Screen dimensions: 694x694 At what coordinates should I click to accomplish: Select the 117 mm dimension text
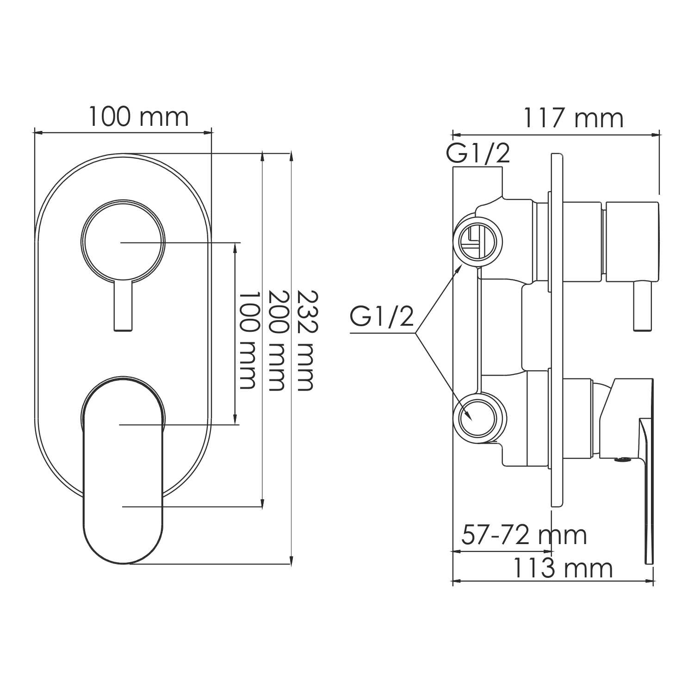573,118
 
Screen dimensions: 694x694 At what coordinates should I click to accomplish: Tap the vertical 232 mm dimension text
305,341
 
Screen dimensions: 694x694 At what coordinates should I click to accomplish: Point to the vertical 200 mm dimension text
276,341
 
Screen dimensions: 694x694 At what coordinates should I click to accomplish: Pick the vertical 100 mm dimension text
247,341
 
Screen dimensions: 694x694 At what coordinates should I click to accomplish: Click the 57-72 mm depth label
524,535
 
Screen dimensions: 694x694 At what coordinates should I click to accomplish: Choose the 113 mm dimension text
562,569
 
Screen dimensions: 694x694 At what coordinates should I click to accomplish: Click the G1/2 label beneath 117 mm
478,154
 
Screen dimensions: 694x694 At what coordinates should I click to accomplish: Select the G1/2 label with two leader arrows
382,317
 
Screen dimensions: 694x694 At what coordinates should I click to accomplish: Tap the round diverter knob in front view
123,241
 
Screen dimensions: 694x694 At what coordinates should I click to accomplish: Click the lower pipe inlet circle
477,417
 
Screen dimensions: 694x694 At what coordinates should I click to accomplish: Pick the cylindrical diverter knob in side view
632,242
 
